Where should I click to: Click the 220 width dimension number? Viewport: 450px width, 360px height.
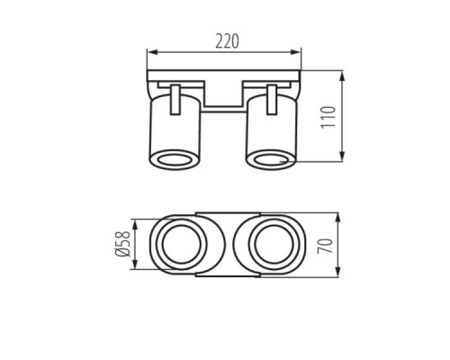pyautogui.click(x=225, y=40)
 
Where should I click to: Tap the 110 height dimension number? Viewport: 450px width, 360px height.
pyautogui.click(x=330, y=116)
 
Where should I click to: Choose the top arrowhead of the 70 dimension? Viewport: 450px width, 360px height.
pyautogui.click(x=345, y=219)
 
